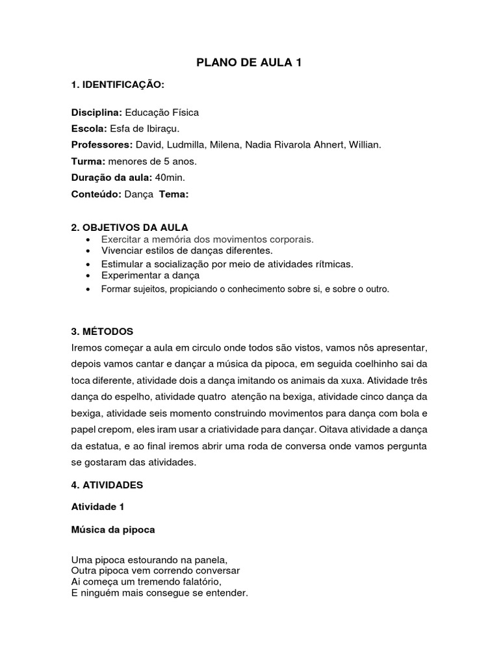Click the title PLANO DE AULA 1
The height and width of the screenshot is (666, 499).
click(249, 63)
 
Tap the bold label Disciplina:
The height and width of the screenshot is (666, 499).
click(97, 112)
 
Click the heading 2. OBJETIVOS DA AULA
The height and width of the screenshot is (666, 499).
click(129, 227)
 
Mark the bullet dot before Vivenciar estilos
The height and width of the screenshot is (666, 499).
click(87, 251)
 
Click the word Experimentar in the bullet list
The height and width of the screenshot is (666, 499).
click(129, 275)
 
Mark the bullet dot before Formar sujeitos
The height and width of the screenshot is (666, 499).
click(87, 289)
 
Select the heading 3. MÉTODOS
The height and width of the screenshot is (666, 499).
click(102, 331)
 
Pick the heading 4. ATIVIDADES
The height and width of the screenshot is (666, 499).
click(107, 485)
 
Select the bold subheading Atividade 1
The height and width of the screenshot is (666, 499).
click(97, 507)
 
